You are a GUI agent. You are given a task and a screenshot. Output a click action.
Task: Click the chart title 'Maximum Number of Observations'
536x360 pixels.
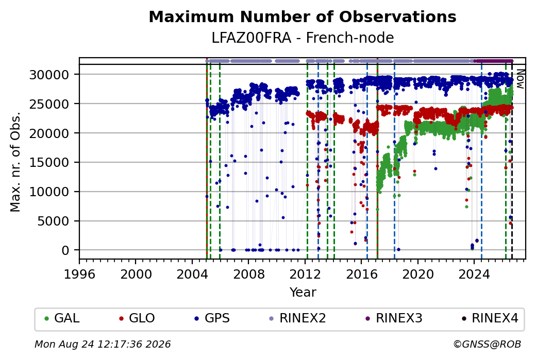[x=303, y=16]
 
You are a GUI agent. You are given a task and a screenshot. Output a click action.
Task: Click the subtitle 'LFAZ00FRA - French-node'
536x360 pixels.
[x=303, y=38]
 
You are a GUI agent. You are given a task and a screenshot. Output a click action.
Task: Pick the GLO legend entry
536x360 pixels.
[x=137, y=318]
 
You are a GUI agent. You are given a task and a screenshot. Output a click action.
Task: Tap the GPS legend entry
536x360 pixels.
[x=212, y=318]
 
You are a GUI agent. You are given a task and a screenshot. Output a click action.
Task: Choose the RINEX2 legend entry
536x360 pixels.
[x=298, y=318]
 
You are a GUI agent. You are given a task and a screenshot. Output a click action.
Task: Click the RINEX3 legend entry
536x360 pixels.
[x=394, y=318]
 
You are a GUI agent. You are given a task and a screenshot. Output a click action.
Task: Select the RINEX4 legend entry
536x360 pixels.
[x=490, y=318]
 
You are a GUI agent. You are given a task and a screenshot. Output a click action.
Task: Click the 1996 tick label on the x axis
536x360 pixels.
[x=79, y=274]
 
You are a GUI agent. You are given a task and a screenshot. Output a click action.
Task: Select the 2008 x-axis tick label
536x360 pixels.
[x=248, y=274]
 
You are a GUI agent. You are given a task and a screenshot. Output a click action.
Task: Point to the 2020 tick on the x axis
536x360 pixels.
[x=418, y=274]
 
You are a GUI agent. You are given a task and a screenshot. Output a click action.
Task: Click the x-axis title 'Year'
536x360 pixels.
[x=303, y=293]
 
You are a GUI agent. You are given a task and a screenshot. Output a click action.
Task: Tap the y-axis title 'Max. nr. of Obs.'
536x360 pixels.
[x=15, y=162]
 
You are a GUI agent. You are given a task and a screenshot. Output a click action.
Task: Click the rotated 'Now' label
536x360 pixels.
[x=520, y=79]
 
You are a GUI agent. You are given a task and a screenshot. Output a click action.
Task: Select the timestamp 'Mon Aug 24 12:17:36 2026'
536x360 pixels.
[x=103, y=344]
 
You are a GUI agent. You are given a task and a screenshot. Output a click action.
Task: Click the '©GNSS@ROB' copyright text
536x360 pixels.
[x=487, y=344]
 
